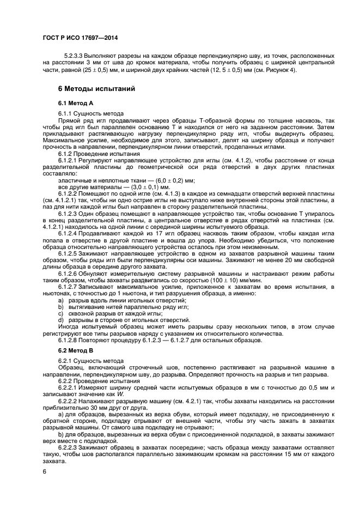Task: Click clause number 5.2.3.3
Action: click(x=75, y=56)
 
